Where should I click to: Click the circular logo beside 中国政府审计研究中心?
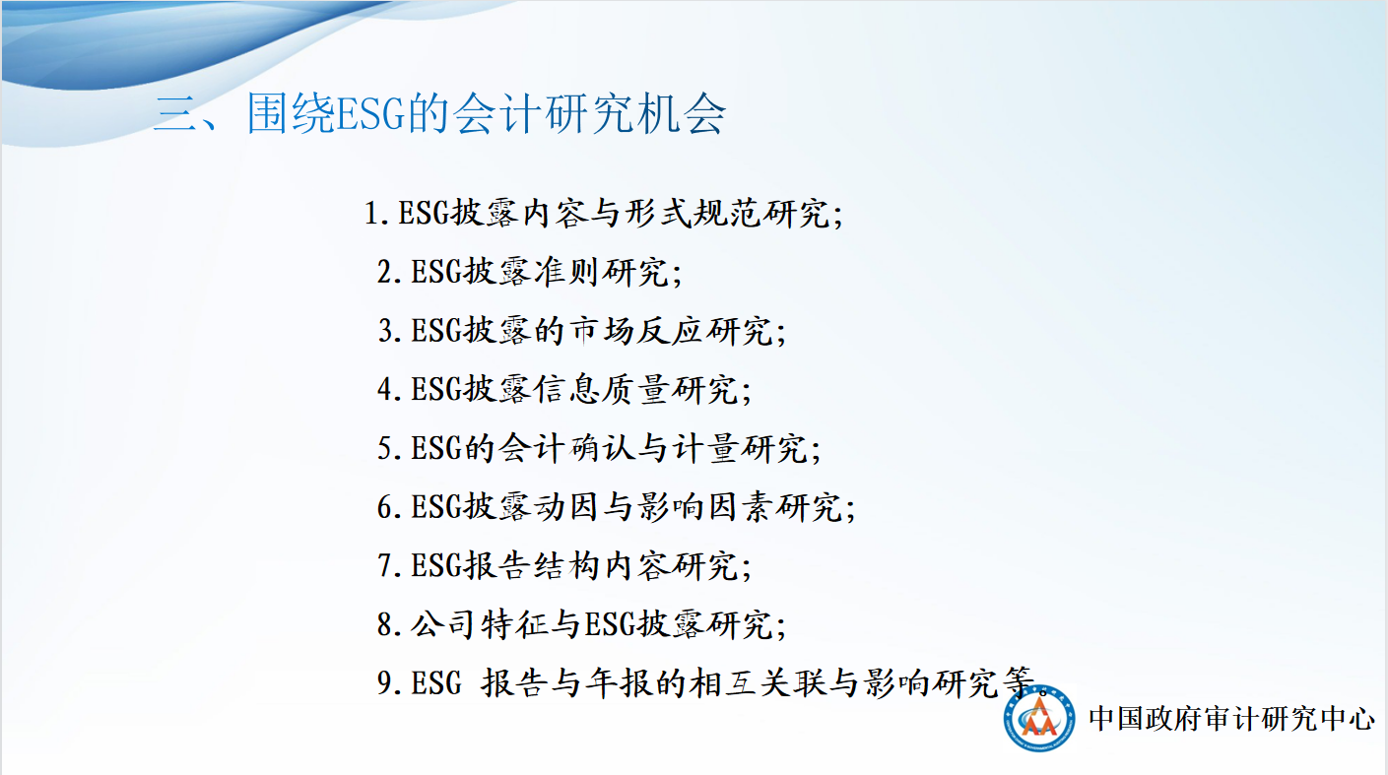[1039, 718]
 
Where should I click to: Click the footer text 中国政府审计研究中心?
[1231, 719]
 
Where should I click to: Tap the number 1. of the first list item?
[376, 214]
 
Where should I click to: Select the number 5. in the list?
[390, 448]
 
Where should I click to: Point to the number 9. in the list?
[390, 682]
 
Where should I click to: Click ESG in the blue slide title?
[370, 114]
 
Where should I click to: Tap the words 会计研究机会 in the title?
[589, 114]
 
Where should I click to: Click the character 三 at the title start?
[175, 114]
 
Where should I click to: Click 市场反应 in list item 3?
[636, 331]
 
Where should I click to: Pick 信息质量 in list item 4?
[601, 390]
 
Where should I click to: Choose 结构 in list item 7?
[566, 565]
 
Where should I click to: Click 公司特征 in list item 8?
[480, 624]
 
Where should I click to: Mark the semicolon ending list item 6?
[850, 509]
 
